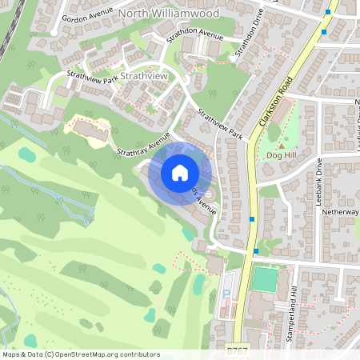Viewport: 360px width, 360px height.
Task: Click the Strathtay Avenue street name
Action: pos(144,144)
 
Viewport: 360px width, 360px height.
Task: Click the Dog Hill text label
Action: pos(282,154)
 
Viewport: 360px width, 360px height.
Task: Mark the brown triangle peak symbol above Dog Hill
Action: pos(281,146)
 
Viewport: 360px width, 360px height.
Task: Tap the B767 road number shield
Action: pos(236,350)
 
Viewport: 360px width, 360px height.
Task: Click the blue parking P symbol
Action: pos(226,293)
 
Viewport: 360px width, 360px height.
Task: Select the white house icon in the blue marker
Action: pos(180,172)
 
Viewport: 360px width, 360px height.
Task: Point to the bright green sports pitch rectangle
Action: pos(264,280)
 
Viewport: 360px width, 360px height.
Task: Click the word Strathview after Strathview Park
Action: pos(147,76)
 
